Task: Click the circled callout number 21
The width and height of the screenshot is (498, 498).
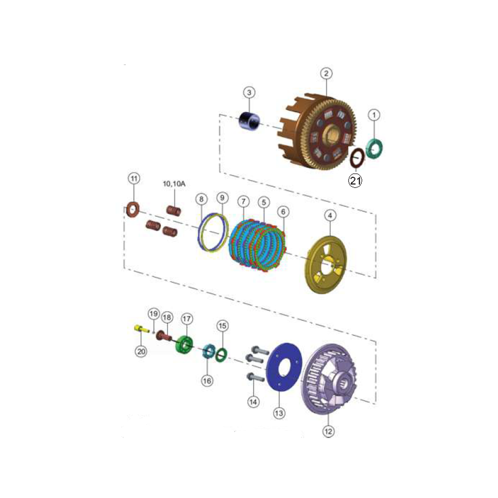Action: [x=355, y=180]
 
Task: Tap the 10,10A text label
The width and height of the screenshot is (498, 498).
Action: [x=174, y=184]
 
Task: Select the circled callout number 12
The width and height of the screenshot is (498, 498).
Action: [x=328, y=431]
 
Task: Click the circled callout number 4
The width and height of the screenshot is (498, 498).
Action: [x=330, y=215]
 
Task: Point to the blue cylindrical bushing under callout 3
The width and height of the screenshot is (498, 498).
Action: [x=249, y=121]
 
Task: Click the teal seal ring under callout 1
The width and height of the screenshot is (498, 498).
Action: [x=374, y=148]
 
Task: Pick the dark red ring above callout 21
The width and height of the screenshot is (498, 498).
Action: [x=357, y=158]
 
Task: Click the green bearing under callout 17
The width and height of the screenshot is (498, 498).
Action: [x=184, y=345]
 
